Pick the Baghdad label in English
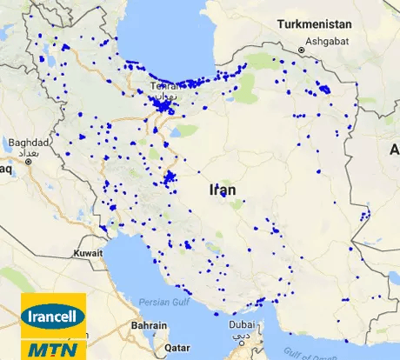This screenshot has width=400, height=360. (x=23, y=142)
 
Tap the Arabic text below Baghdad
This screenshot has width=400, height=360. (x=23, y=151)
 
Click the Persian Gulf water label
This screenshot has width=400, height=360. (x=163, y=302)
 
